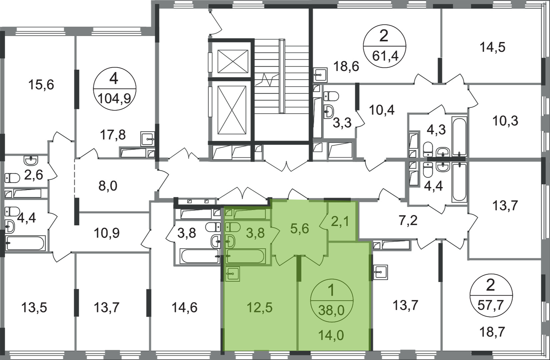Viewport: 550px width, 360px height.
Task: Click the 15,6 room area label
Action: [x=41, y=85]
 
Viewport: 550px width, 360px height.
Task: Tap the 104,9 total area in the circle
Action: [x=114, y=99]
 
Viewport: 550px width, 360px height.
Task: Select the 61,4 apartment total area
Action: [x=385, y=56]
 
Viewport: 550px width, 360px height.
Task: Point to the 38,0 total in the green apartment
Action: [x=332, y=310]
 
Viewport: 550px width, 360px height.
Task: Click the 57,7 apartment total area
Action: [x=491, y=306]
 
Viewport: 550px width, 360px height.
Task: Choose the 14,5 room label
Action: [x=492, y=47]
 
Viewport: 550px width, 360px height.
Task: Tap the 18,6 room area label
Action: [x=346, y=66]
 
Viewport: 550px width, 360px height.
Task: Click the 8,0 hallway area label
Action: [x=108, y=186]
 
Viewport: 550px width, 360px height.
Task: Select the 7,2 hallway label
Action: [x=408, y=220]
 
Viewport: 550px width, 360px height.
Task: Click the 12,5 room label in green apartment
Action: [x=259, y=307]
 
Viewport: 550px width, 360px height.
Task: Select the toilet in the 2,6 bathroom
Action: [x=12, y=178]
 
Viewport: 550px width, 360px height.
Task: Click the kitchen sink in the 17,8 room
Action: [x=147, y=139]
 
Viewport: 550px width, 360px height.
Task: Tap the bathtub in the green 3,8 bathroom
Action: [x=245, y=256]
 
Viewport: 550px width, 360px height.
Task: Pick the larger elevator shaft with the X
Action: [x=232, y=110]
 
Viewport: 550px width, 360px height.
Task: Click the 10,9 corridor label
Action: [x=106, y=233]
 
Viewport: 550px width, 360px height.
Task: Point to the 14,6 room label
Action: [x=184, y=307]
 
